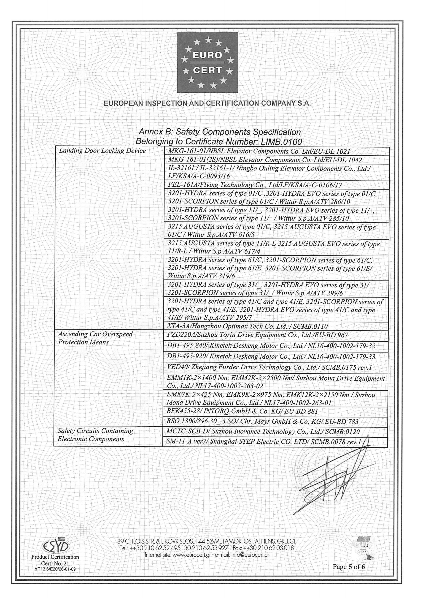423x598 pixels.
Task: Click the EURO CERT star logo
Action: click(x=208, y=63)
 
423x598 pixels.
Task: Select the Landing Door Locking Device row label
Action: click(x=102, y=151)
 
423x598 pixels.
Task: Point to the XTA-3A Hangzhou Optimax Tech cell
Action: click(x=247, y=326)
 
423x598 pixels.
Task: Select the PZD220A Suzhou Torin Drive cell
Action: click(x=257, y=335)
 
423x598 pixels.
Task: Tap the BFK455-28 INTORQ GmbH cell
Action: click(x=242, y=412)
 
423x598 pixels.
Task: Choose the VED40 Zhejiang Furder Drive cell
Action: click(x=269, y=367)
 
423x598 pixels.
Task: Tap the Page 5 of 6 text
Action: click(x=349, y=567)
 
